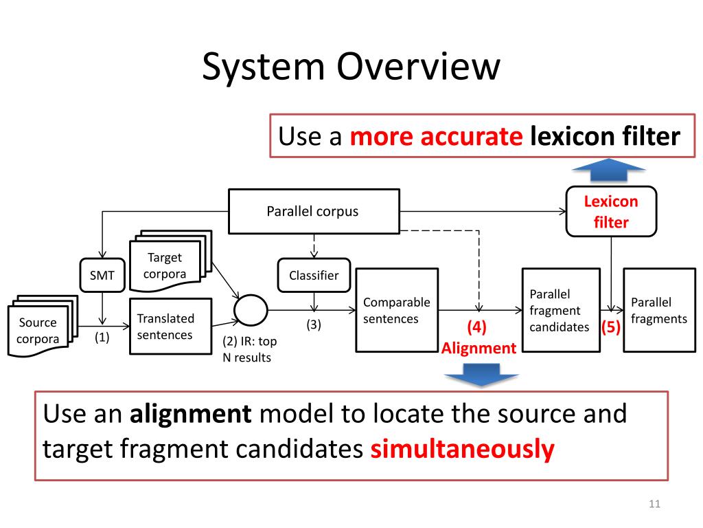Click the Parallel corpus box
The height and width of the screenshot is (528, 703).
(x=314, y=212)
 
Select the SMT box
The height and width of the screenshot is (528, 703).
(x=102, y=275)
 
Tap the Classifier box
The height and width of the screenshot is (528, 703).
(x=314, y=275)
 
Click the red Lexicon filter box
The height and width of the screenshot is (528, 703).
(x=611, y=212)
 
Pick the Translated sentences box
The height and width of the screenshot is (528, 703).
(x=170, y=327)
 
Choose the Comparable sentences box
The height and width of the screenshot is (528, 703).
(x=397, y=310)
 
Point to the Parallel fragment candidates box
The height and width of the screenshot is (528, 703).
(x=561, y=310)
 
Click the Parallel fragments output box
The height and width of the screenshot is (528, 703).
(x=659, y=310)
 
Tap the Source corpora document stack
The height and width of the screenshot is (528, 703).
(x=42, y=326)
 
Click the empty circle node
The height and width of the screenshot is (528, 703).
(x=251, y=310)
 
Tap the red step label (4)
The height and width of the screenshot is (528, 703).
(x=476, y=327)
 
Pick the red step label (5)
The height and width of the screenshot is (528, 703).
(x=610, y=327)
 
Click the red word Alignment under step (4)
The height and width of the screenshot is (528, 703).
(x=479, y=348)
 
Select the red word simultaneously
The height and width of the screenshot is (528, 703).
(x=462, y=449)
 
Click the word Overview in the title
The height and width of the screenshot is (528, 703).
(x=418, y=67)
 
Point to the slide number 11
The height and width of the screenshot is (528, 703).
(x=654, y=504)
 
